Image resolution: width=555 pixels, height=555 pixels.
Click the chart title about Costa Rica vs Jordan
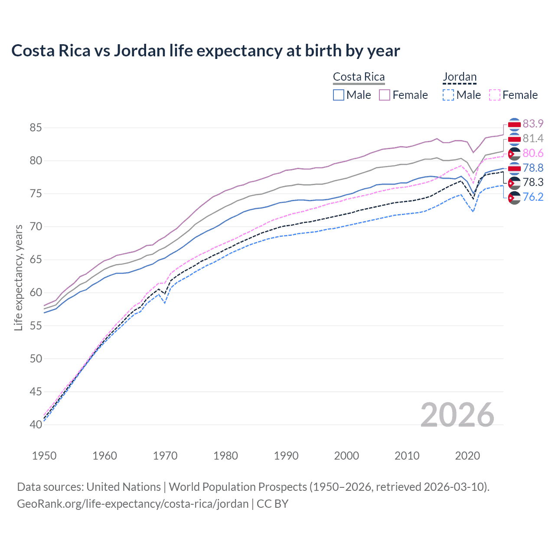(x=206, y=51)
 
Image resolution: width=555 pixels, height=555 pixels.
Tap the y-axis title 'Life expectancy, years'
(x=18, y=277)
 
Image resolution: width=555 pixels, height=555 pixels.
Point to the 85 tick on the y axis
(x=36, y=128)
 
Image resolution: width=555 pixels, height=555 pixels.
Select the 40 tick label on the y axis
(x=36, y=424)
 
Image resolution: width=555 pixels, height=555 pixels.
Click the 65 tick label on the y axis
(x=36, y=260)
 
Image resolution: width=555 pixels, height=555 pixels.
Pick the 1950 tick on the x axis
(x=44, y=456)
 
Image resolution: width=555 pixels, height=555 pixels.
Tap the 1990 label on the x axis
(x=286, y=456)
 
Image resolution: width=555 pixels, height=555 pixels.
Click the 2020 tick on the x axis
(x=467, y=456)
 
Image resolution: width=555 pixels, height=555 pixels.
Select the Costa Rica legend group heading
(x=359, y=77)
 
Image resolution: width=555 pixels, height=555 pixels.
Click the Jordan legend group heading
(x=460, y=77)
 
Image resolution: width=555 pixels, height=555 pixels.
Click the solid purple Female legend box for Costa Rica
(x=385, y=95)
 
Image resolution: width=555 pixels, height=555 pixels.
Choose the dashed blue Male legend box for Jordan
(x=448, y=95)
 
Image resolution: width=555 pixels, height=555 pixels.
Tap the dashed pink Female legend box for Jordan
(x=495, y=95)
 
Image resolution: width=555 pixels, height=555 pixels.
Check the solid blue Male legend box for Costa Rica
(x=339, y=95)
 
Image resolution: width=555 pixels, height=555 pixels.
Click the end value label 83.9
(x=533, y=124)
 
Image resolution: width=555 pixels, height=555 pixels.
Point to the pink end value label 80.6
(x=533, y=153)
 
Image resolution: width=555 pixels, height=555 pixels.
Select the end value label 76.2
(x=533, y=197)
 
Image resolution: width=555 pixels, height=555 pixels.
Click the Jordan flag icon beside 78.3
(x=514, y=183)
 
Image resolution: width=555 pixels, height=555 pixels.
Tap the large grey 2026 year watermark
(x=457, y=415)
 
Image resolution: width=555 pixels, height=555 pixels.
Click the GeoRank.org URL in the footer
(x=133, y=504)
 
